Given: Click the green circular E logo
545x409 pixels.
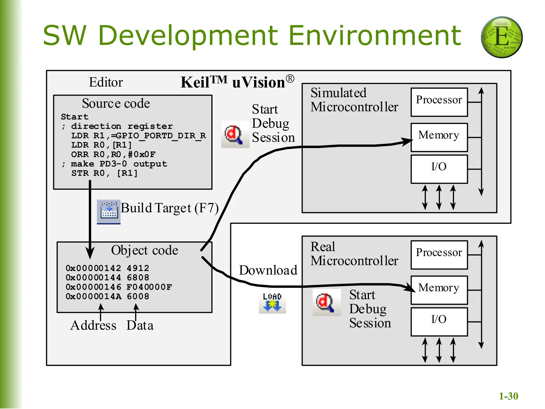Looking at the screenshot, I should tap(502, 37).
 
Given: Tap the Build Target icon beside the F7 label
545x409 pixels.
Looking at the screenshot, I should tap(109, 212).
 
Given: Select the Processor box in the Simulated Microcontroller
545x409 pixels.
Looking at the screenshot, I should tap(439, 102).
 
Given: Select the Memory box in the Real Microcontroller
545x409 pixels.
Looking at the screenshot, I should tap(439, 290).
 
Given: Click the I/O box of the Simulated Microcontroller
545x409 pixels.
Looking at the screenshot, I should tap(439, 169).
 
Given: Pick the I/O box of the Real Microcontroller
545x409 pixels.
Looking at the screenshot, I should tap(439, 322).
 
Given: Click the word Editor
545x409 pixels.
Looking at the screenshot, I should tap(106, 82).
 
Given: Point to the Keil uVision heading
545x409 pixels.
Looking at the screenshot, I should tap(237, 82).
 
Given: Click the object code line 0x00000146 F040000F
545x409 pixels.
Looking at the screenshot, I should tap(119, 287).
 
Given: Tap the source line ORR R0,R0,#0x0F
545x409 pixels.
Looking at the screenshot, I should tap(113, 154).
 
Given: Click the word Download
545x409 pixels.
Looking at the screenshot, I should tap(268, 270).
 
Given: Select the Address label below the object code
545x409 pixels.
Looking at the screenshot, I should tap(93, 325).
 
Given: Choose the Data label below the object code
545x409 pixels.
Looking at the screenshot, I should tap(140, 325).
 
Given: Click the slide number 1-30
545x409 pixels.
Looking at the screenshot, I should tap(508, 396).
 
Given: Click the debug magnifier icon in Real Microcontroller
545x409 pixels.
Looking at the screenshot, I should tap(326, 302).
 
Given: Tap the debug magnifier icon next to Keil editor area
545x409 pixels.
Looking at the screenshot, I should tap(235, 135).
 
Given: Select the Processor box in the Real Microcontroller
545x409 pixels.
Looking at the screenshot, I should tap(439, 255).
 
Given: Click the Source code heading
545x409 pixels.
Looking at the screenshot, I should tap(116, 103).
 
